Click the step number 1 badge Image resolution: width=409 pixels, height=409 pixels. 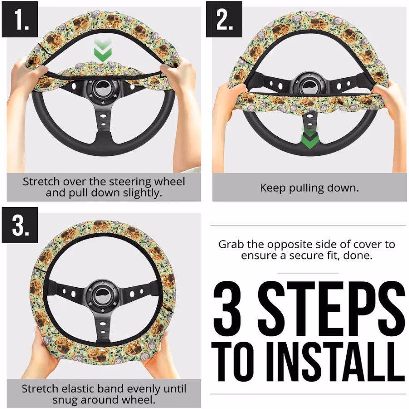tap(20, 19)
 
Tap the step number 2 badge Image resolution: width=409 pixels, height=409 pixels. tap(224, 19)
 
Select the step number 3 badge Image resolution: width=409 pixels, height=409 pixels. tap(20, 225)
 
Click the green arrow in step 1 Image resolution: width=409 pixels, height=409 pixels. tap(103, 50)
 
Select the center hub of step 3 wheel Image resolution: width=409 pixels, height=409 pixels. tap(103, 294)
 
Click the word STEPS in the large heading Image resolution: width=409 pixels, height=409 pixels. tap(331, 309)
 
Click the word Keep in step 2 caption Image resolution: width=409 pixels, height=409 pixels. tap(273, 188)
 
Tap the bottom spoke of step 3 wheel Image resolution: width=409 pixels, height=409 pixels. tap(103, 326)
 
